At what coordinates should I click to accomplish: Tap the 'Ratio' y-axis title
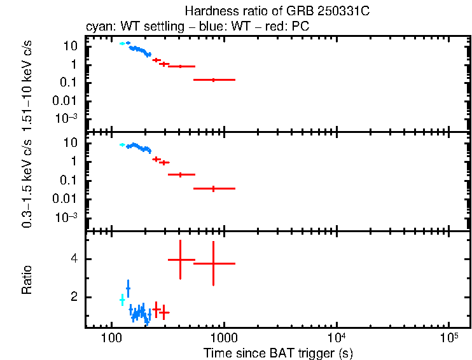coord(27,280)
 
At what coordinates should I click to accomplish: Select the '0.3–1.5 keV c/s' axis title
coord(27,182)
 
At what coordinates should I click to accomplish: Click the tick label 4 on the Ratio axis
coord(74,260)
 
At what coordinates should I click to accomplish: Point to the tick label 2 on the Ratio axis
coord(74,297)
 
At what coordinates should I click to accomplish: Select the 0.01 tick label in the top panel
coord(67,100)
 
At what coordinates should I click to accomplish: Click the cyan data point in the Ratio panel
coord(122,300)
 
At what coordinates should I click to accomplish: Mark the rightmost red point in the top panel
coord(214,80)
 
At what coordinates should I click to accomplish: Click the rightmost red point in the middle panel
coord(214,188)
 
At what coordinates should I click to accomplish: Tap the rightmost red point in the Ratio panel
coord(214,263)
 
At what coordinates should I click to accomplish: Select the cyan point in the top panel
coord(122,43)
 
